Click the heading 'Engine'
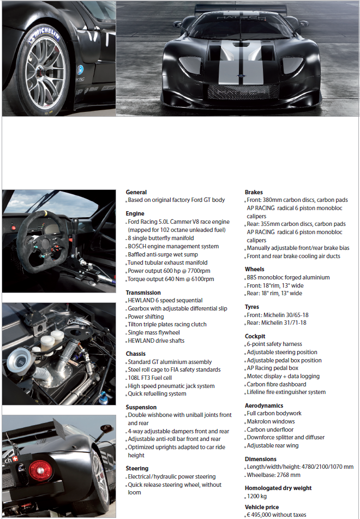pos(135,213)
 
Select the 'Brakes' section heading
pos(254,192)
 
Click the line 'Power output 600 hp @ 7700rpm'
pos(169,271)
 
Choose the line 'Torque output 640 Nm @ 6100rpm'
pos(171,279)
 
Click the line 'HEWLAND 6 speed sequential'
pos(165,300)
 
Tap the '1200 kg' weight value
pos(257,496)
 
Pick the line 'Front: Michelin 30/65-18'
pos(277,315)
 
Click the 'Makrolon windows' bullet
pos(271,421)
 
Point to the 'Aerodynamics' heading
pos(264,405)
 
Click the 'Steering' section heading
pos(137,468)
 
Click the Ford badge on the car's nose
pos(237,74)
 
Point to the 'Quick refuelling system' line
pos(157,393)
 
